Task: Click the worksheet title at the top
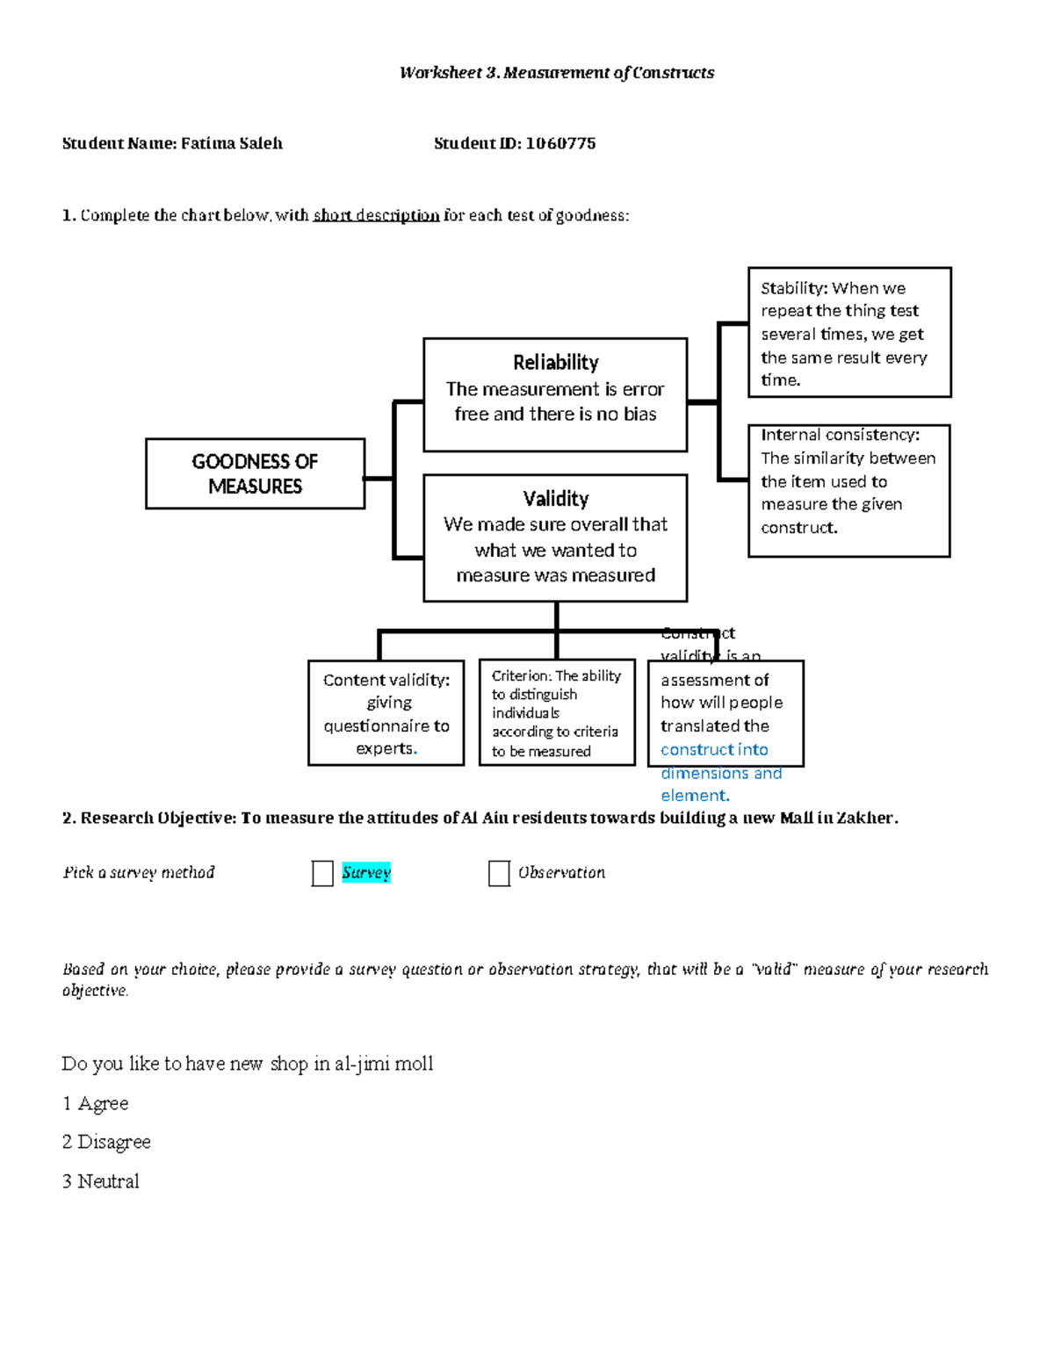[556, 73]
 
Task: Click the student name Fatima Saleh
[231, 143]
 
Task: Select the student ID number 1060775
[560, 143]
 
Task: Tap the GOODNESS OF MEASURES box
[255, 473]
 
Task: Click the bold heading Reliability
[555, 362]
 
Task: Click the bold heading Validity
[555, 498]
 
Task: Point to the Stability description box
[848, 333]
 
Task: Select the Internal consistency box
[848, 490]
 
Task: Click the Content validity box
[386, 713]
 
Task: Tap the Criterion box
[556, 712]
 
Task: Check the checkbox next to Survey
[322, 873]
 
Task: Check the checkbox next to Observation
[499, 873]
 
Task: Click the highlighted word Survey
[366, 872]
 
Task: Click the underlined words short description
[376, 215]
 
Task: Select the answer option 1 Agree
[95, 1103]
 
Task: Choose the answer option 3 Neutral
[100, 1181]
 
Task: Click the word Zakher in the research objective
[864, 818]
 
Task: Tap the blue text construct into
[714, 749]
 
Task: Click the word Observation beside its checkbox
[561, 872]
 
